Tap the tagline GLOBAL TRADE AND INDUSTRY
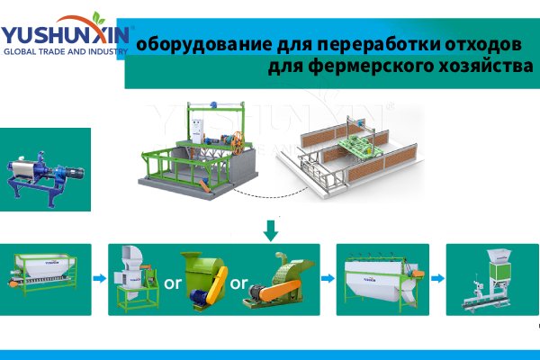pyautogui.click(x=65, y=51)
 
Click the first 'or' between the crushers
pyautogui.click(x=172, y=283)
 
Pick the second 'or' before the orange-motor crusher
pyautogui.click(x=238, y=283)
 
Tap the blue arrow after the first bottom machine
pyautogui.click(x=99, y=278)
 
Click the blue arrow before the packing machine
pyautogui.click(x=436, y=278)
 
